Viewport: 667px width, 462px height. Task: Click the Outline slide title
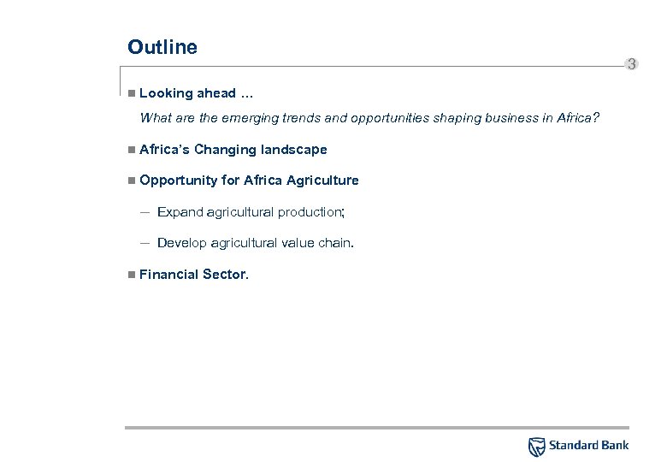(162, 47)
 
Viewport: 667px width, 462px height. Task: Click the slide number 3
(631, 64)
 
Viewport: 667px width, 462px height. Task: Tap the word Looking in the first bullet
(166, 93)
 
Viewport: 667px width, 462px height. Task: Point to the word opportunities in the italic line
(383, 118)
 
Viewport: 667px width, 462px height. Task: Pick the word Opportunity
(178, 181)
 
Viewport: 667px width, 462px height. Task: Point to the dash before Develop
(145, 243)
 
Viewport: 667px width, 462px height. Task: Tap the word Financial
(168, 275)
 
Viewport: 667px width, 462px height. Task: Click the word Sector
(224, 275)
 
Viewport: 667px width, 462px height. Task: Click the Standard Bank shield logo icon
(536, 446)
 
